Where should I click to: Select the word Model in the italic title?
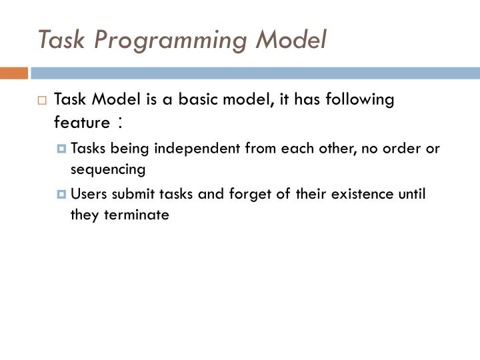[291, 40]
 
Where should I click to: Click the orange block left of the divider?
[13, 73]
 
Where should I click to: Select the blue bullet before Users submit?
[63, 195]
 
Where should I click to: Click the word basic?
[196, 100]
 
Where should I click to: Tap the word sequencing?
[107, 169]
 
